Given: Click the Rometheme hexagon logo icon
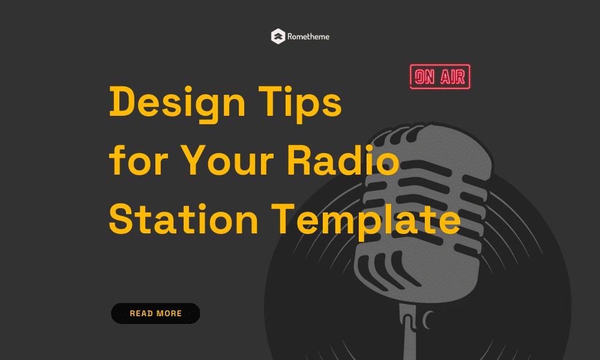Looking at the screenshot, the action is click(278, 37).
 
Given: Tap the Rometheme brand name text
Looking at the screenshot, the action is click(308, 37).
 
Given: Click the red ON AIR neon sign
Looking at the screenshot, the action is click(440, 77).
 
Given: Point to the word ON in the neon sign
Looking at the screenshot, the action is click(425, 77).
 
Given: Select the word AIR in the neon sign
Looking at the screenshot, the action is click(452, 77).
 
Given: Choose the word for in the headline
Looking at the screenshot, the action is click(139, 160).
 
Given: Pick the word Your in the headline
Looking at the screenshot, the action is click(227, 160).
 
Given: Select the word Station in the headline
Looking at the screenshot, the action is click(184, 218).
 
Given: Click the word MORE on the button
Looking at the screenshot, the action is click(169, 313).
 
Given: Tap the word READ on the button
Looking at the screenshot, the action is click(142, 313).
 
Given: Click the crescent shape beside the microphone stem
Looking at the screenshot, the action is click(427, 320).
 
